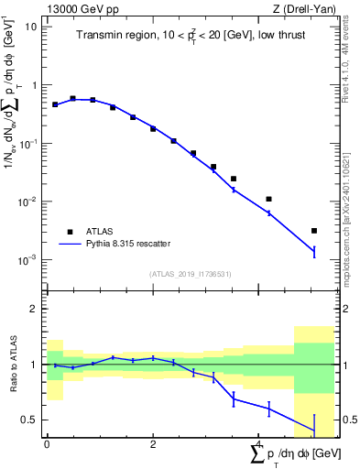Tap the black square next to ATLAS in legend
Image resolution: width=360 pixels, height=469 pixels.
pyautogui.click(x=70, y=232)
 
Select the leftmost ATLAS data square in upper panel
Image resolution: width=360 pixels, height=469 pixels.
pyautogui.click(x=55, y=104)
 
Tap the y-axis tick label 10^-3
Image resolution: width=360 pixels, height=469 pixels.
pyautogui.click(x=27, y=260)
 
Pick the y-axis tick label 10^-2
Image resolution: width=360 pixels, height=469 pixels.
pyautogui.click(x=27, y=202)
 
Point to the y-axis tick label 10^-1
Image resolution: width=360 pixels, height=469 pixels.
pyautogui.click(x=27, y=143)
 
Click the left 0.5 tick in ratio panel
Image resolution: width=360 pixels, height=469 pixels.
pyautogui.click(x=30, y=420)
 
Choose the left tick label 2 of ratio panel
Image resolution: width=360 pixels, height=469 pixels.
pyautogui.click(x=34, y=309)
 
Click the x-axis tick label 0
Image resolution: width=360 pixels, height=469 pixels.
pyautogui.click(x=47, y=443)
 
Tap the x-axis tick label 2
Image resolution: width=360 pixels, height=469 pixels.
pyautogui.click(x=153, y=443)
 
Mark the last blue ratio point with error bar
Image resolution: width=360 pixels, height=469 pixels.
pyautogui.click(x=314, y=431)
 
